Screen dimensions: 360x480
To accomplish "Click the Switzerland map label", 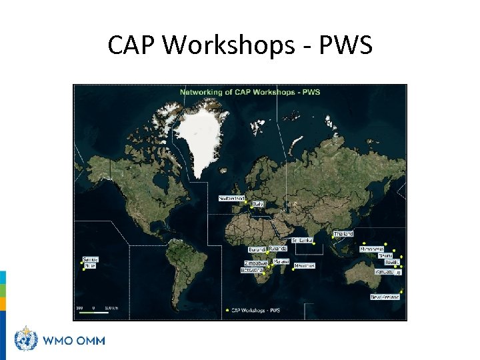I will (232, 198).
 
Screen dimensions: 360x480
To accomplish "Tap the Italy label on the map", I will (258, 203).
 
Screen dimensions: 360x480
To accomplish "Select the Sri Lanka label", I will (302, 240).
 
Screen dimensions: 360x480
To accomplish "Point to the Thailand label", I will (343, 234).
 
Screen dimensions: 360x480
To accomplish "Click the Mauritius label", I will (303, 265).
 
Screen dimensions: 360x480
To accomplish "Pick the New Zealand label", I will (385, 297).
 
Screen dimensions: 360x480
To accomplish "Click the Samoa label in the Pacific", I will (90, 259).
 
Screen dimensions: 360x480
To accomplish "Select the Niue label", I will (90, 265).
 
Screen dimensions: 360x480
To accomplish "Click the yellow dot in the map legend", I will (228, 310).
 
